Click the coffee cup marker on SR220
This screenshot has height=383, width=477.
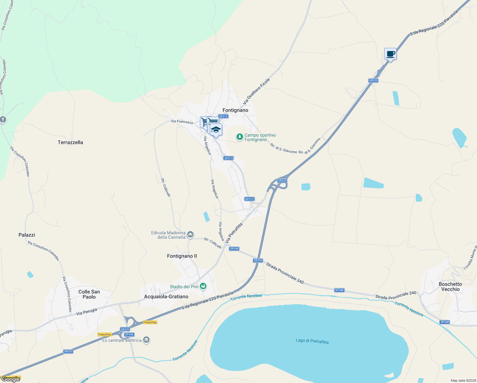pyautogui.click(x=390, y=54)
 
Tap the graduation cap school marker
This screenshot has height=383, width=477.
pyautogui.click(x=216, y=130)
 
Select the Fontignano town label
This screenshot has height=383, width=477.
pyautogui.click(x=235, y=110)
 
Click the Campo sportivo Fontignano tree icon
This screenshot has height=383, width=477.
pyautogui.click(x=239, y=137)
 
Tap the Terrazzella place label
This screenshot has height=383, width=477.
pyautogui.click(x=70, y=142)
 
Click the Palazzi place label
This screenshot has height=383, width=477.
pyautogui.click(x=27, y=235)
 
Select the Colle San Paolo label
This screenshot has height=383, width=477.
pyautogui.click(x=89, y=294)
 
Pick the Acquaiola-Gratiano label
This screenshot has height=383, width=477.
pyautogui.click(x=166, y=297)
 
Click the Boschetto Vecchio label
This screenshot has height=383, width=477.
pyautogui.click(x=450, y=287)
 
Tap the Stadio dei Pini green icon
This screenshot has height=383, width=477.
pyautogui.click(x=203, y=286)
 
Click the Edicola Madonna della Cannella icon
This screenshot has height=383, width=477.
pyautogui.click(x=190, y=235)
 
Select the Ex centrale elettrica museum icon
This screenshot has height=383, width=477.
pyautogui.click(x=146, y=340)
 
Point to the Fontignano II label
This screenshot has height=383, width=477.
pyautogui.click(x=182, y=256)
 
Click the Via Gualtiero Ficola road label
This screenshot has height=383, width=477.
pyautogui.click(x=256, y=91)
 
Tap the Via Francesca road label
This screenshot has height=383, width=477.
pyautogui.click(x=182, y=122)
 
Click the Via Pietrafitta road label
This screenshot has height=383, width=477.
pyautogui.click(x=234, y=233)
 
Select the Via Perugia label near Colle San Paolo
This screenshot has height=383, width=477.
pyautogui.click(x=86, y=312)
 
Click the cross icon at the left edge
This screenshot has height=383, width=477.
pyautogui.click(x=3, y=120)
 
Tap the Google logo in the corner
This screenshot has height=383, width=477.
pyautogui.click(x=11, y=379)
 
